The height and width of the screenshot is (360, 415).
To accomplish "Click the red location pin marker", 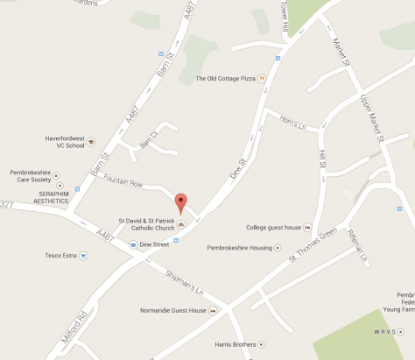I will (180, 202).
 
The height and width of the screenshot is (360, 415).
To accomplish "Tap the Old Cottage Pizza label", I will (225, 78).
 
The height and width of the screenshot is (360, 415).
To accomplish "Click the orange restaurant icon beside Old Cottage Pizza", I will (262, 78).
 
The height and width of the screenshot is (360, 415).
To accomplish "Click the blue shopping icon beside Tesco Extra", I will (83, 256).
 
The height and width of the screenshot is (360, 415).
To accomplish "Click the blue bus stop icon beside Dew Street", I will (133, 244).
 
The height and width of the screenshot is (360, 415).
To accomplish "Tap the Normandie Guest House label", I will (173, 310).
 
